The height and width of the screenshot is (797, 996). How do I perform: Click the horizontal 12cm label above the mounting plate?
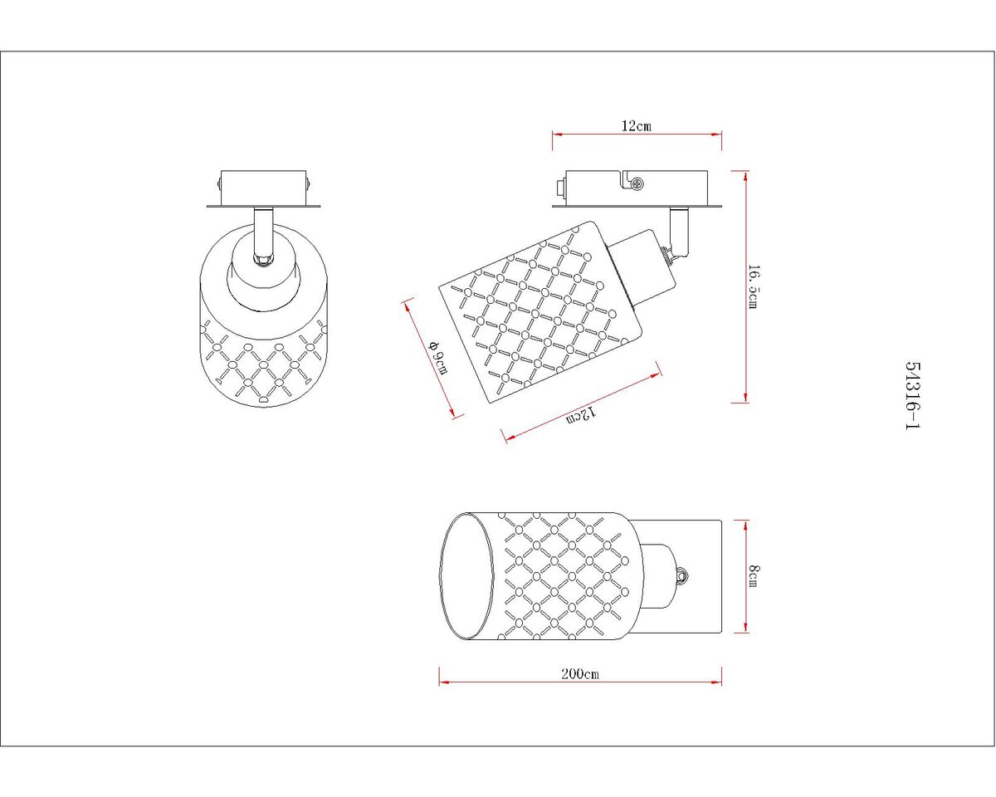[637, 125]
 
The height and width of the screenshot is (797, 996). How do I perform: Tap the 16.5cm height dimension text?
[754, 286]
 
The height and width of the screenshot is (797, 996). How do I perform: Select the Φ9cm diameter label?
[438, 359]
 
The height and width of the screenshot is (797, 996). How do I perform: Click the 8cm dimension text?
[754, 576]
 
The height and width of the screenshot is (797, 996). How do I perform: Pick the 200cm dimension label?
[580, 673]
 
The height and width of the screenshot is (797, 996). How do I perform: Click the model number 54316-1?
[912, 395]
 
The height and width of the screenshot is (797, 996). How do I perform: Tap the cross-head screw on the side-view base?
[637, 183]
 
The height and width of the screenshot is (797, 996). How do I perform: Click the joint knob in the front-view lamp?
[263, 260]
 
